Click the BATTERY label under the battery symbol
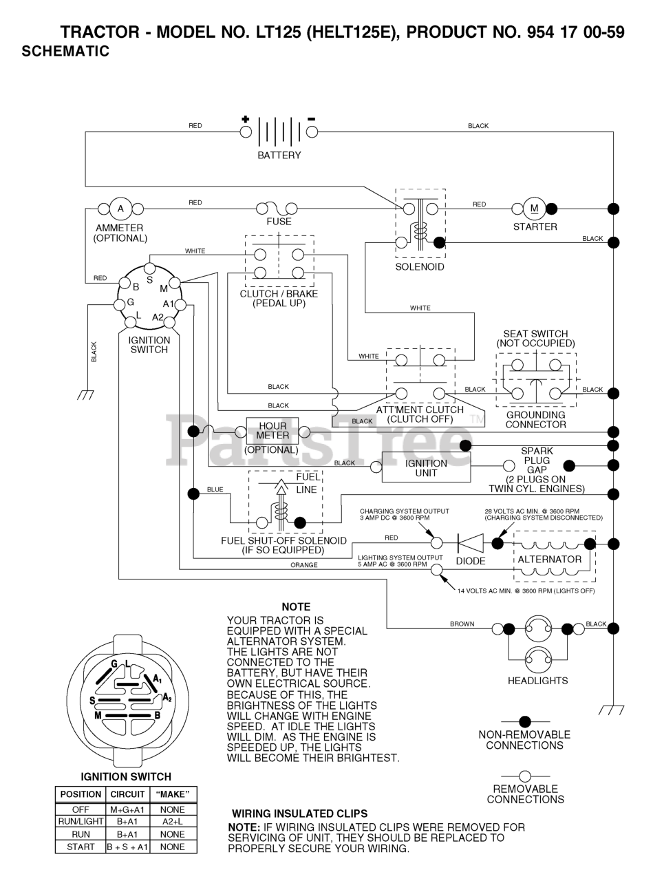pyautogui.click(x=279, y=156)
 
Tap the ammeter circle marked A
pyautogui.click(x=120, y=209)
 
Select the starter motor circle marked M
pyautogui.click(x=534, y=209)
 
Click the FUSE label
pyautogui.click(x=279, y=222)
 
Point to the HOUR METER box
pyautogui.click(x=272, y=431)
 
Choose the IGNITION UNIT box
pyautogui.click(x=426, y=468)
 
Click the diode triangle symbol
pyautogui.click(x=471, y=543)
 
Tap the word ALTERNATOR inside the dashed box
pyautogui.click(x=549, y=560)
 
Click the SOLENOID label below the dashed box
pyautogui.click(x=420, y=267)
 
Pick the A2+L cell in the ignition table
pyautogui.click(x=173, y=821)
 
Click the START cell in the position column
pyautogui.click(x=81, y=847)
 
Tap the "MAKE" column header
pyautogui.click(x=173, y=794)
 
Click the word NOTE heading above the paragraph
pyautogui.click(x=296, y=607)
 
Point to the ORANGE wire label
pyautogui.click(x=304, y=565)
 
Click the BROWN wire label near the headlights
pyautogui.click(x=462, y=624)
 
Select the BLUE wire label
pyautogui.click(x=215, y=490)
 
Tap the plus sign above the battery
pyautogui.click(x=246, y=119)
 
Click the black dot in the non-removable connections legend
pyautogui.click(x=525, y=722)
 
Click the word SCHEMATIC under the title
pyautogui.click(x=65, y=51)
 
